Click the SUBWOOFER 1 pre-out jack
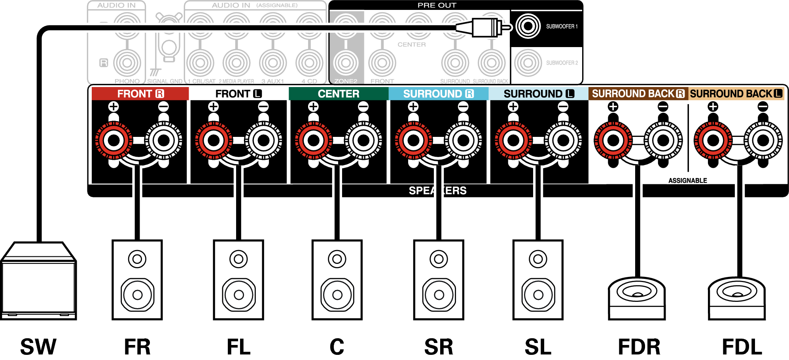(x=528, y=27)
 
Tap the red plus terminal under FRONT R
(x=114, y=140)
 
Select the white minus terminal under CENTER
(x=363, y=140)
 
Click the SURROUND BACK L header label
(x=736, y=94)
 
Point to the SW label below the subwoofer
(x=38, y=347)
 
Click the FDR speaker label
(x=639, y=347)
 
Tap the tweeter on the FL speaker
(x=238, y=259)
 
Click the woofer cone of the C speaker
(x=337, y=295)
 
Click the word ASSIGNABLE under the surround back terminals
(x=687, y=181)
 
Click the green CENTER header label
(x=339, y=94)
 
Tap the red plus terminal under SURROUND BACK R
(x=613, y=140)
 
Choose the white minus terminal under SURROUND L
(x=563, y=140)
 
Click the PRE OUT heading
(x=437, y=5)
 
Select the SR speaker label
(x=439, y=347)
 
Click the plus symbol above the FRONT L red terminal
(x=214, y=106)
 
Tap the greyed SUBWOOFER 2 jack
(x=528, y=63)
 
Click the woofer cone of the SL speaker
(x=538, y=295)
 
